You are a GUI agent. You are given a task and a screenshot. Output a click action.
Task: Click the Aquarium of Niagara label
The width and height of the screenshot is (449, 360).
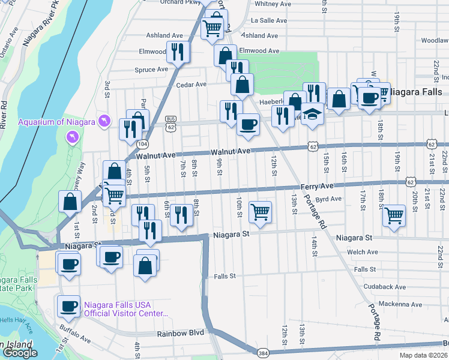[56, 122]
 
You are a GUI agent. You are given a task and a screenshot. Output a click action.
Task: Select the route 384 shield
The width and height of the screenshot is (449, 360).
[262, 351]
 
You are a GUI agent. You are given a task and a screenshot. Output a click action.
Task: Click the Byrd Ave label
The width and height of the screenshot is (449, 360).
[328, 199]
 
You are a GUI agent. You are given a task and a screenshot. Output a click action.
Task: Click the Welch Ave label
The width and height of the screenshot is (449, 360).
[366, 252]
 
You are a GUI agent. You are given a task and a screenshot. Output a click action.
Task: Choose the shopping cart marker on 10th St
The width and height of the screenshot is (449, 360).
[259, 212]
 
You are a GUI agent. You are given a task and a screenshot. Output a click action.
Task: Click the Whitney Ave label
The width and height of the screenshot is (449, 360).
[273, 4]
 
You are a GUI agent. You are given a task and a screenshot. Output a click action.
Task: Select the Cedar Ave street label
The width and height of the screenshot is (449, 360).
[191, 85]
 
